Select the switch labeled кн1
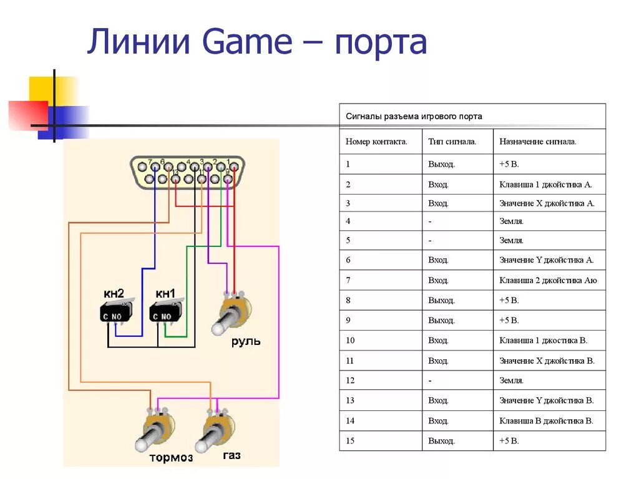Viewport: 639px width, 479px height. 165,312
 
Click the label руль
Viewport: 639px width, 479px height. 246,341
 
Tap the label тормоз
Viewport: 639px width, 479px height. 171,458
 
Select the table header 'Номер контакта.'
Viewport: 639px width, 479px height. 376,142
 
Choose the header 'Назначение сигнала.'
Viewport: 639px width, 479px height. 538,142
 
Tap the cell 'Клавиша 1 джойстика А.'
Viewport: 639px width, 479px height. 545,185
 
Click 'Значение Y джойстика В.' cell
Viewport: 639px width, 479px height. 547,400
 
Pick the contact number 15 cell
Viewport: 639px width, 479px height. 350,441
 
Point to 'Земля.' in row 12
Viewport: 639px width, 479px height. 511,380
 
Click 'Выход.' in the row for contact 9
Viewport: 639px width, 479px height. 442,321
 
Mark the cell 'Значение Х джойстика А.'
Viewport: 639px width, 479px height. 547,203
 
